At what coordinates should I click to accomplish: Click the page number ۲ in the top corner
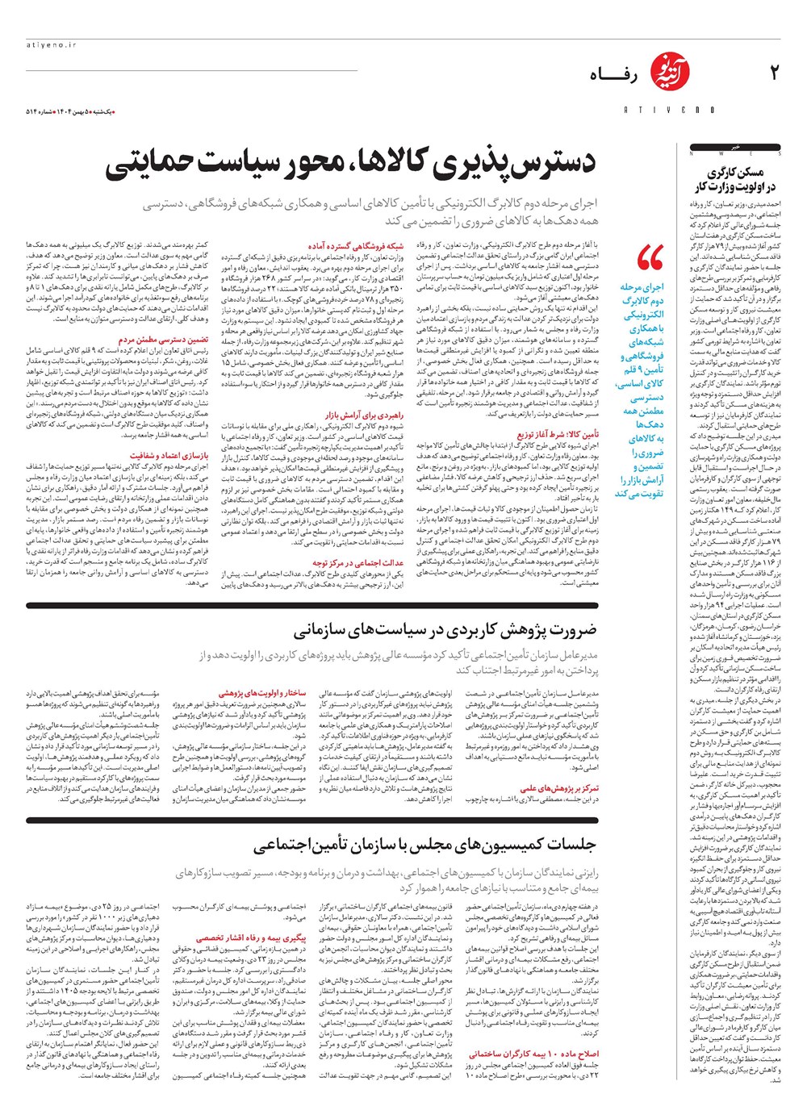774,73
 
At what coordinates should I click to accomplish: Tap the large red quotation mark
650,257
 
